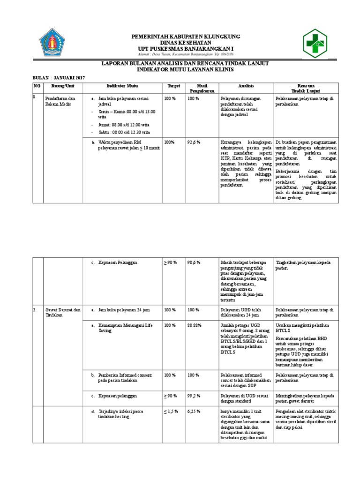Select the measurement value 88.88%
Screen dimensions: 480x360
point(195,325)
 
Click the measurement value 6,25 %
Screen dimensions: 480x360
point(194,411)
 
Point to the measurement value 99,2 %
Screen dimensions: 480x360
point(194,396)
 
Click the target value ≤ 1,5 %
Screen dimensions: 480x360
point(171,411)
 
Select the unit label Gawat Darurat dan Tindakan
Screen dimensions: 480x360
point(61,313)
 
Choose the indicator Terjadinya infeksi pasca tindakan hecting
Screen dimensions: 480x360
point(124,414)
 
